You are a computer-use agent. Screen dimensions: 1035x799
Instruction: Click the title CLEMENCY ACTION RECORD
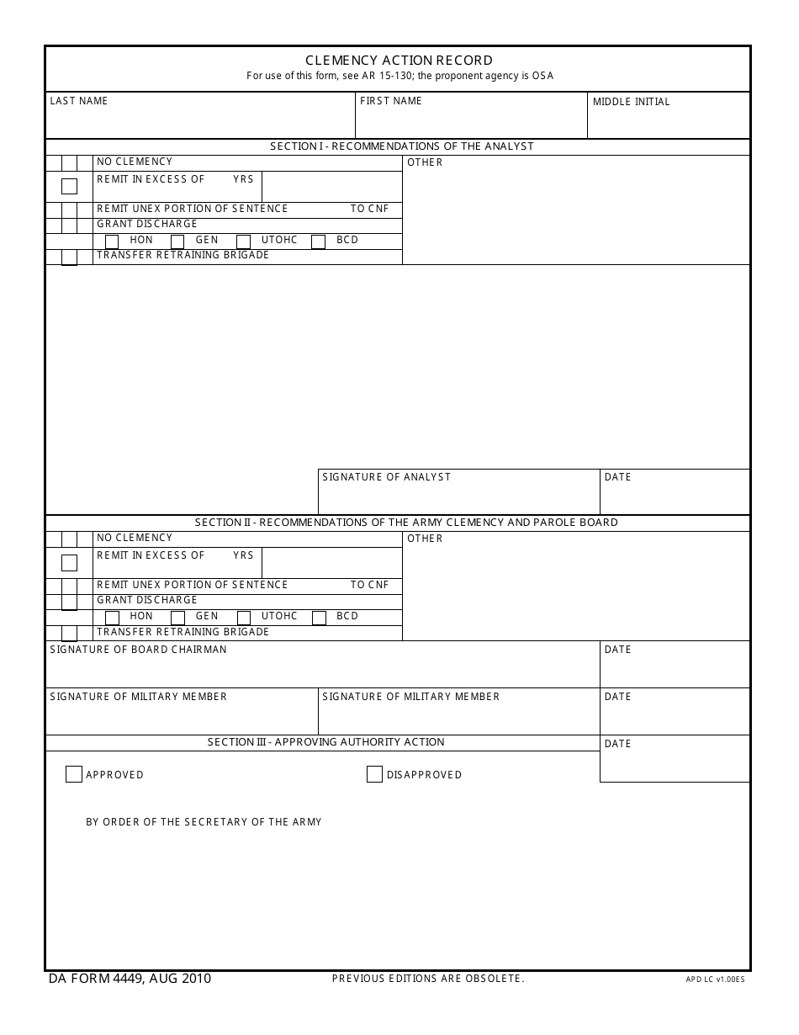click(399, 61)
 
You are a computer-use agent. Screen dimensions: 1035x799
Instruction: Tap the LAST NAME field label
click(79, 101)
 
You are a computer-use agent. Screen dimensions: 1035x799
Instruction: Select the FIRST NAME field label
click(390, 101)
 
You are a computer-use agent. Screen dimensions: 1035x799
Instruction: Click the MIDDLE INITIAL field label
click(631, 102)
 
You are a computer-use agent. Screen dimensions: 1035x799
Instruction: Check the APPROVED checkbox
click(74, 774)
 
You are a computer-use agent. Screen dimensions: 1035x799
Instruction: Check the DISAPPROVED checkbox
click(374, 774)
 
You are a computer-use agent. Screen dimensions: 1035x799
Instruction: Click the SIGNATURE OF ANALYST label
click(386, 477)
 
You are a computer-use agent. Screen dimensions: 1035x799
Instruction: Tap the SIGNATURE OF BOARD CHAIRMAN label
click(138, 650)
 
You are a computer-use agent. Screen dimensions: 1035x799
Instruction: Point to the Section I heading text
click(401, 146)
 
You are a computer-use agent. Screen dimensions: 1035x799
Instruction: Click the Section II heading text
click(406, 523)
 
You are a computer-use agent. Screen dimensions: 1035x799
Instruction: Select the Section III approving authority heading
click(325, 742)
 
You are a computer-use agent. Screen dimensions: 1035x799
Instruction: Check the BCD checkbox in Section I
click(319, 242)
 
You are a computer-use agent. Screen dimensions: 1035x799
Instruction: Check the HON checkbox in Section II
click(112, 618)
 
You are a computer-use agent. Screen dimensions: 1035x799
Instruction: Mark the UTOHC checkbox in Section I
click(244, 242)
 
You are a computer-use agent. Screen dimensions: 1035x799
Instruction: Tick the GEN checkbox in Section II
click(177, 618)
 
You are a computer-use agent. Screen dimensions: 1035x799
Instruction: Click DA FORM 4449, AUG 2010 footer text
click(130, 979)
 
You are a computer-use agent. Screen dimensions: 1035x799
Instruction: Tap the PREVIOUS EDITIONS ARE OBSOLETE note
click(428, 979)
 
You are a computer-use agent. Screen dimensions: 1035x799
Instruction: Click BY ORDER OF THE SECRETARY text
click(204, 822)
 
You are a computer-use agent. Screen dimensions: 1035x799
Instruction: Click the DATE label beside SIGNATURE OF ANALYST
click(617, 477)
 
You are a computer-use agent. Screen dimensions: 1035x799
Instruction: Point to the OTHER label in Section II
click(425, 539)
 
